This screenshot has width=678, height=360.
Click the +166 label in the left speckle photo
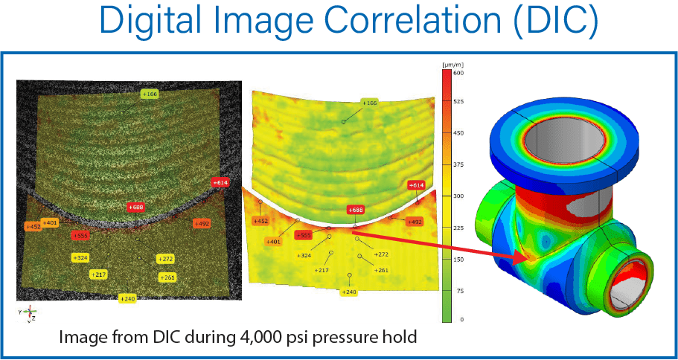click(150, 94)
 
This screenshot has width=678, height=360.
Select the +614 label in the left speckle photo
click(220, 181)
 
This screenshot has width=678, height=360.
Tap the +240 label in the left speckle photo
click(128, 298)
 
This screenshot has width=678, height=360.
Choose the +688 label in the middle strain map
click(356, 210)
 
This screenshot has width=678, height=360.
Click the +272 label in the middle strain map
click(381, 254)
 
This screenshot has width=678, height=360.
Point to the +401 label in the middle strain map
click(275, 240)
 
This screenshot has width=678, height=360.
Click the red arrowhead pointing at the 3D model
click(526, 258)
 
